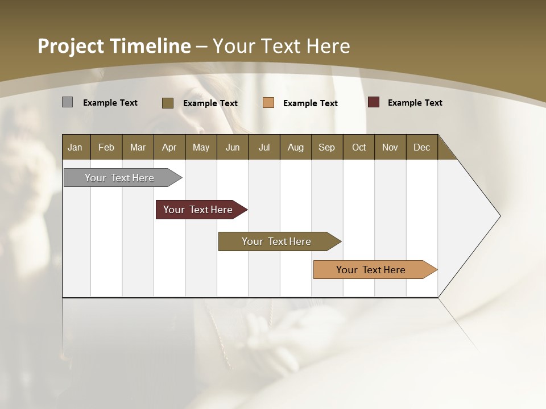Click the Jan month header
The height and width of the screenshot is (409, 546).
coord(76,147)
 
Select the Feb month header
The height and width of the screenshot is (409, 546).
coord(106,147)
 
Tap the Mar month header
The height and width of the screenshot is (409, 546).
coord(138,147)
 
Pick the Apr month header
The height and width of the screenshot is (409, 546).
coord(169,147)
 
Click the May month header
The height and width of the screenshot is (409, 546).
coord(201,147)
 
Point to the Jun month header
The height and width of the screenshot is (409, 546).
coord(233,147)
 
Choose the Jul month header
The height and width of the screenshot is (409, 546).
coord(264,147)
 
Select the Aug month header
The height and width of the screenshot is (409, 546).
coord(296,147)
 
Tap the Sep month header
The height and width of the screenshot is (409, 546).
coord(327,147)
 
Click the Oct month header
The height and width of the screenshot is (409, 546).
coord(359,147)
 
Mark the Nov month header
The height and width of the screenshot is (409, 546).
coord(390,147)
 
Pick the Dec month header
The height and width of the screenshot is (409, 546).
coord(422,147)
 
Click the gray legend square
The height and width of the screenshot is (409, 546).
coord(67,102)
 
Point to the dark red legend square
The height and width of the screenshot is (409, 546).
coord(374,102)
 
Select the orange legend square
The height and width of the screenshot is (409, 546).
coord(268,103)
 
